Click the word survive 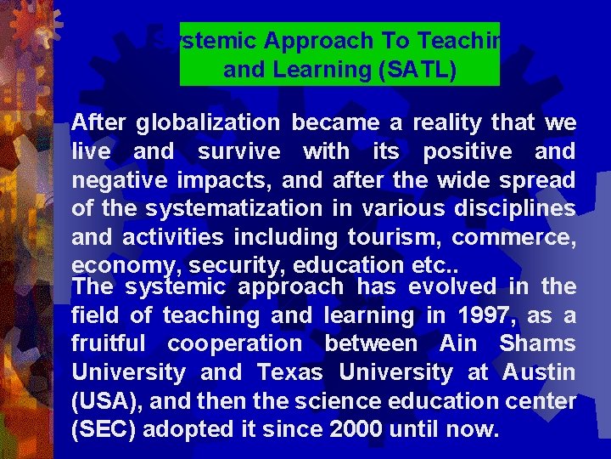point(238,151)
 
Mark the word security point(233,264)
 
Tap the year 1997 point(483,315)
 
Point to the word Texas point(289,372)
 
